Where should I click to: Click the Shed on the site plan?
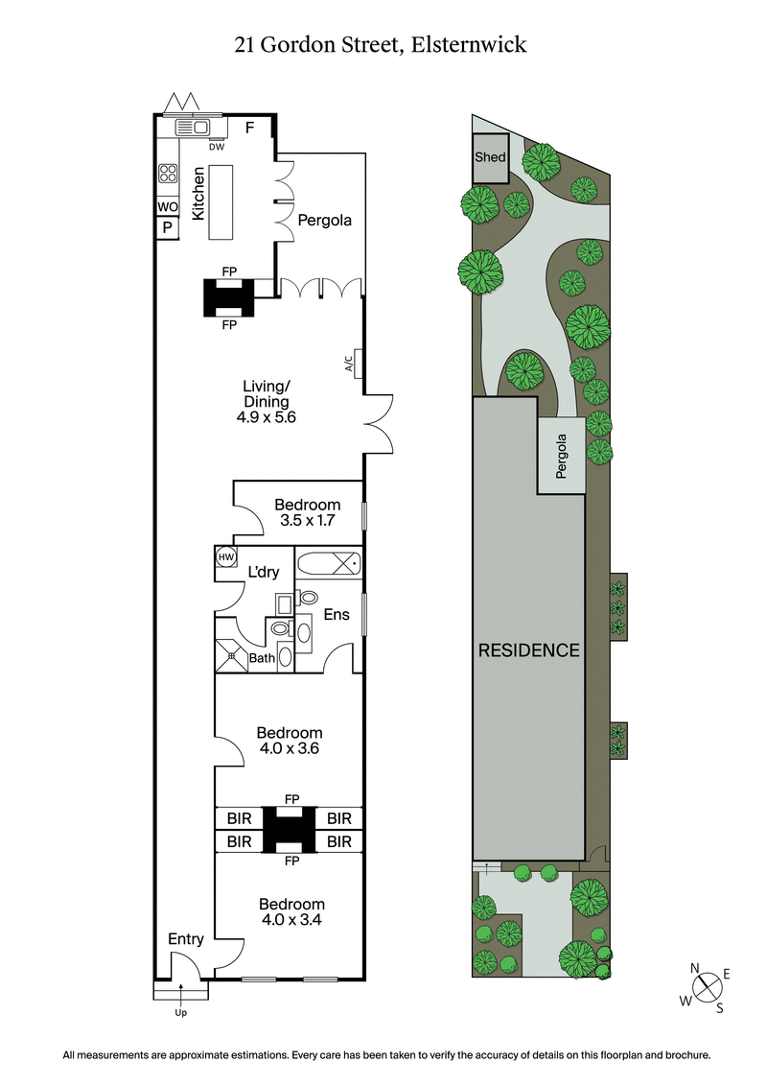(490, 158)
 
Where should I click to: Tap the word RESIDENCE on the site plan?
(529, 650)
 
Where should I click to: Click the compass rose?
(709, 986)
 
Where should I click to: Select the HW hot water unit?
(226, 557)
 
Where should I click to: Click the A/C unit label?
(348, 364)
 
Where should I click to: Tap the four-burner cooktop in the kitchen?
(168, 174)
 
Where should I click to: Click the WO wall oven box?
(167, 207)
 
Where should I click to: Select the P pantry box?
(167, 228)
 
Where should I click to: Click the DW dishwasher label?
(217, 147)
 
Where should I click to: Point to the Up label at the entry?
(180, 1012)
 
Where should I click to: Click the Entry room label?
(185, 939)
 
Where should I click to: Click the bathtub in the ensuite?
(328, 563)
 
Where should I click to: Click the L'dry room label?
(264, 573)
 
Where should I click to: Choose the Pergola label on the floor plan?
(324, 220)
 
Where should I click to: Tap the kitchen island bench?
(221, 203)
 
